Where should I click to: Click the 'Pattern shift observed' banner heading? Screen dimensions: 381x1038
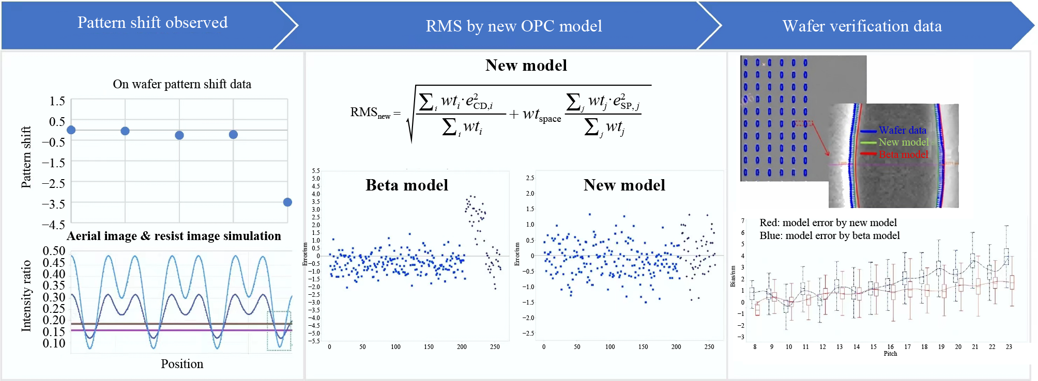click(152, 23)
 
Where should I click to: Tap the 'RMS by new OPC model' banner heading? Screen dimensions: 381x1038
click(513, 26)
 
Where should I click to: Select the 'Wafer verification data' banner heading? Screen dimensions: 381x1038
click(862, 26)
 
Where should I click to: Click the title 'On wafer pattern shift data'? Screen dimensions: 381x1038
click(182, 84)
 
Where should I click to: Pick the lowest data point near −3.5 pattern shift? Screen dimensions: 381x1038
click(287, 202)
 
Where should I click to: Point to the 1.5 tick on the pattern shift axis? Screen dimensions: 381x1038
click(57, 101)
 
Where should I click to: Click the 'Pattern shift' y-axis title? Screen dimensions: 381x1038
click(26, 157)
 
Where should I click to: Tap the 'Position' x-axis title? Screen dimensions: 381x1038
click(182, 364)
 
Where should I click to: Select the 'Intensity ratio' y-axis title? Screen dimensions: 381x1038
click(26, 296)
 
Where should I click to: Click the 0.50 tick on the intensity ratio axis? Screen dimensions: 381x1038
click(54, 251)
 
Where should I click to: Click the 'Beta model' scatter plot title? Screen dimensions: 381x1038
click(407, 185)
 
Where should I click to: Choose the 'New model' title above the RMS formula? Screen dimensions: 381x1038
click(526, 66)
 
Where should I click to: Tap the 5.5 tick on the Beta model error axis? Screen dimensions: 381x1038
click(316, 171)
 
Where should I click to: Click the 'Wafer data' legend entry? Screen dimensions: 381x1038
click(902, 130)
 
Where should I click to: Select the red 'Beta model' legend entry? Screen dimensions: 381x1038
click(903, 154)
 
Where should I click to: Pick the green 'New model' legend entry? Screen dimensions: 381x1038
click(903, 142)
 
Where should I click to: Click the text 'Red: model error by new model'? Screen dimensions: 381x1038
click(828, 223)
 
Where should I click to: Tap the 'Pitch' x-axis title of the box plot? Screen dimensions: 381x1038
click(890, 354)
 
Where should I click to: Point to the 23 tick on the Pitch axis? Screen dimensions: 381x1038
click(1009, 347)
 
